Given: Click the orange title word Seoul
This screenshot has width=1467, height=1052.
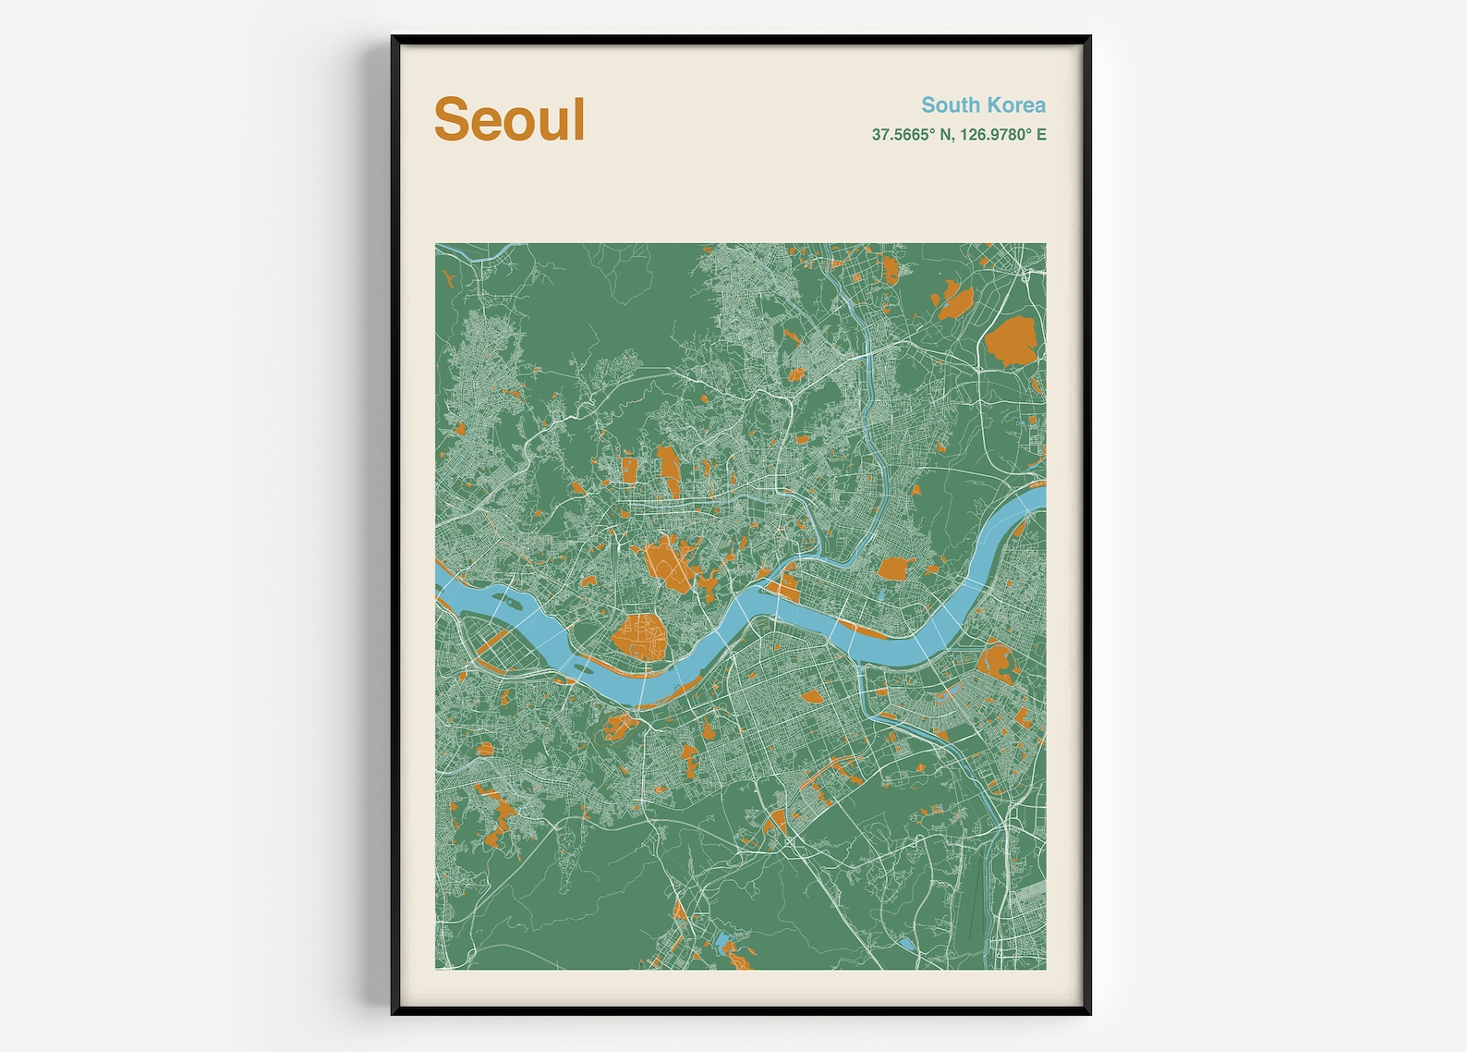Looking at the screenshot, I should [509, 120].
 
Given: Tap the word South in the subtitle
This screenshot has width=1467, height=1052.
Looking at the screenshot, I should [949, 105].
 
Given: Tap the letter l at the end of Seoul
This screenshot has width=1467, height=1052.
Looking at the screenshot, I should [578, 118].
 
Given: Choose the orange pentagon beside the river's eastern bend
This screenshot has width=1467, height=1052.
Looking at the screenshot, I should [893, 568].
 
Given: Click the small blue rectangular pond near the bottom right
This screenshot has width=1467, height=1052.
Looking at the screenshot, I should [906, 944].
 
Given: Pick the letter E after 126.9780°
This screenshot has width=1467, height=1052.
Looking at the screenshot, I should [1040, 135].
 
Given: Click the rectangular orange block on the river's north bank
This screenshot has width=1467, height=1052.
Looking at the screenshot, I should [786, 589].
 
